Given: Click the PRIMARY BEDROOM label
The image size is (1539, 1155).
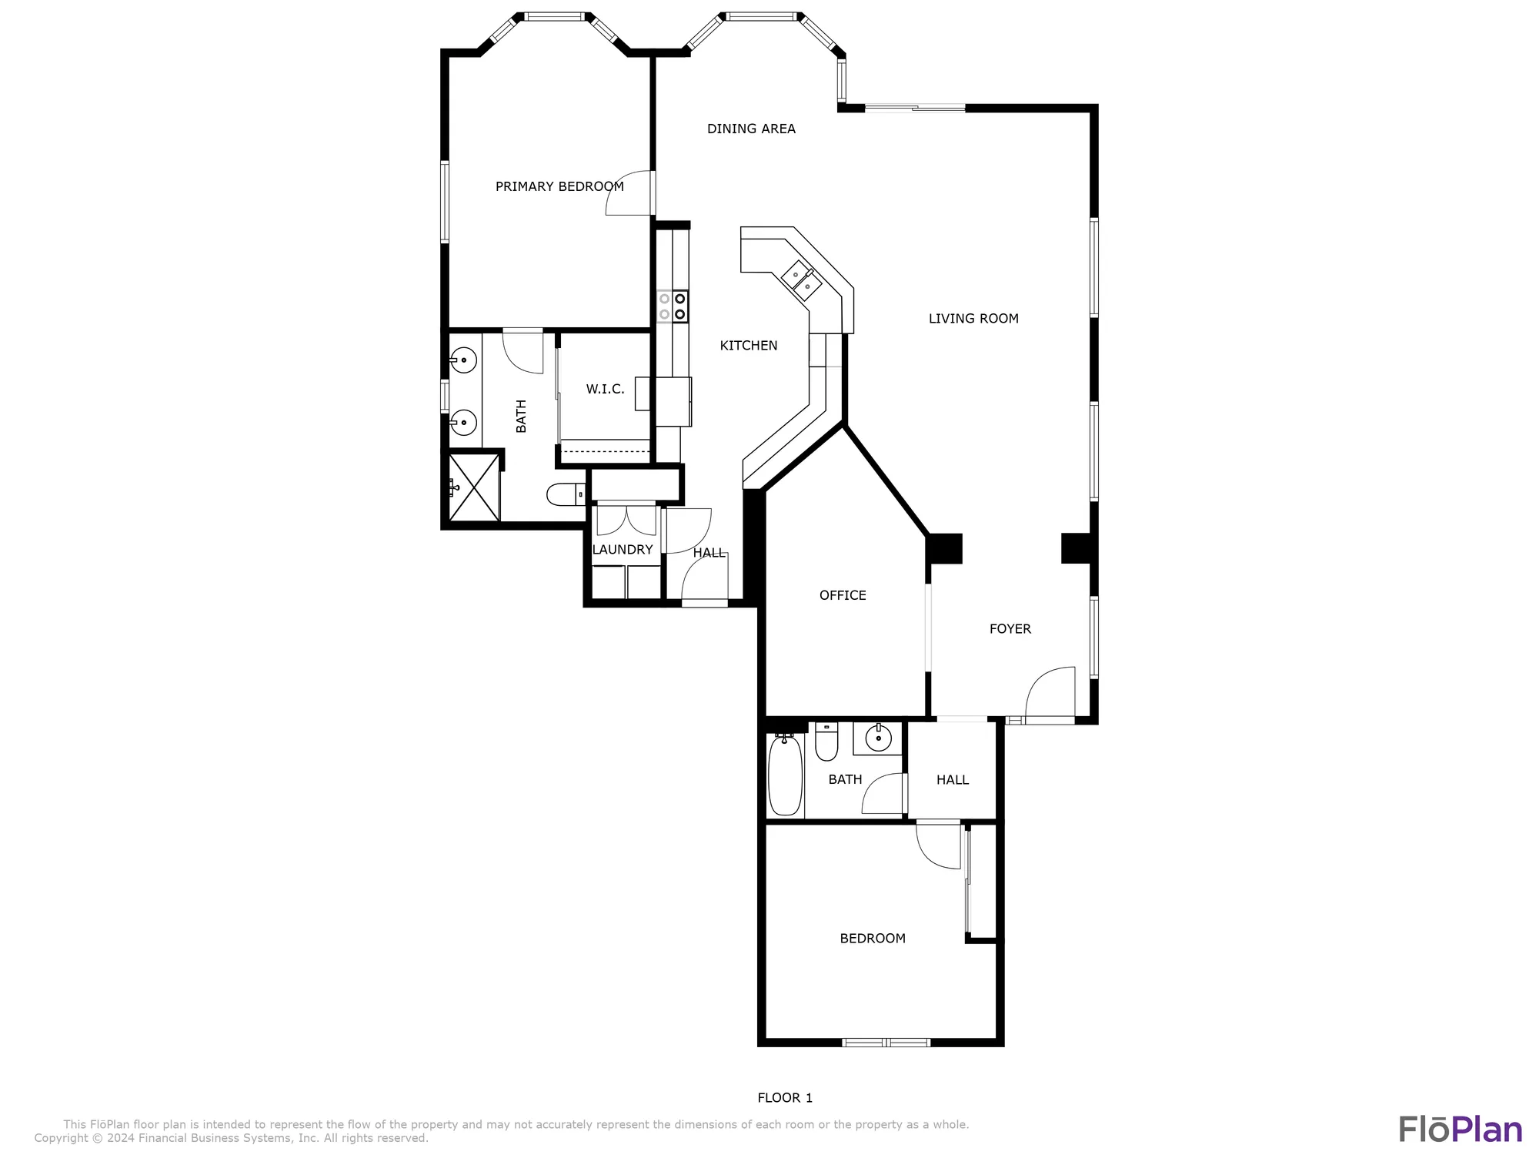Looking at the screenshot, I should tap(559, 186).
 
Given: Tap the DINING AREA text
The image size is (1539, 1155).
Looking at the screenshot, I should tap(751, 129).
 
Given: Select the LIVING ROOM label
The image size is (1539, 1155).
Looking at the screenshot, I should tap(973, 318).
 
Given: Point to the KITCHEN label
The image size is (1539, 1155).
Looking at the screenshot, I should tap(748, 346).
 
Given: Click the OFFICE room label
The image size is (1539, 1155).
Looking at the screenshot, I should tap(843, 595).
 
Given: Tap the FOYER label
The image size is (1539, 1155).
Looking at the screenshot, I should tap(1010, 629).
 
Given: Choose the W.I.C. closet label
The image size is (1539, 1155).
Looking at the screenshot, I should tap(605, 389).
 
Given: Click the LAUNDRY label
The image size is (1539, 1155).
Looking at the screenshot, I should tap(622, 550).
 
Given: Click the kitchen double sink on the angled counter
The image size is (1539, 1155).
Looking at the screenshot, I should tap(801, 280).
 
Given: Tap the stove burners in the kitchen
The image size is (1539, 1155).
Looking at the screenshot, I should tap(673, 306).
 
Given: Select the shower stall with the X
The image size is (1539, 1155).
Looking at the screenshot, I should tap(474, 487).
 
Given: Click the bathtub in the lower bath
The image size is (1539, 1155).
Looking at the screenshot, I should tap(785, 774).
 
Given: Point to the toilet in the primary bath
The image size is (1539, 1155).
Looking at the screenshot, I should tap(566, 494).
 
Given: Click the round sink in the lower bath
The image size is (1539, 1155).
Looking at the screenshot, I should tap(878, 738).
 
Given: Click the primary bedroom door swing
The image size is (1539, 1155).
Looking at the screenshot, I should tap(629, 193).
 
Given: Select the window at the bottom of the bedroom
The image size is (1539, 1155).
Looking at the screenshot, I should tap(886, 1043).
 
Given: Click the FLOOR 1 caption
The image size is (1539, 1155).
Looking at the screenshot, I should tap(784, 1098).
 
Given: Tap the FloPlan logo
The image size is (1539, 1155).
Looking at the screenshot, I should tap(1460, 1130).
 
